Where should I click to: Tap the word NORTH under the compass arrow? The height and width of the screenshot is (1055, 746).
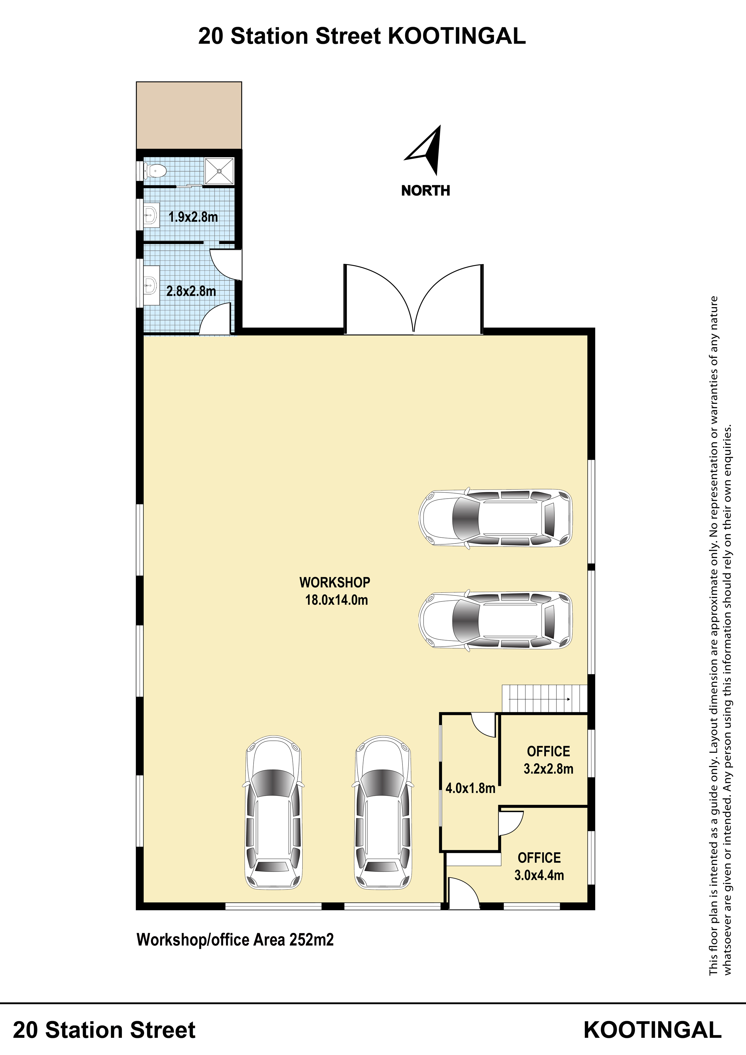(426, 191)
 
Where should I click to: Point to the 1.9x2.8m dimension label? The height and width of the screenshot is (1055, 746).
(193, 217)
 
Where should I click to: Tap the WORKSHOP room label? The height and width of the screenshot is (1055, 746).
(334, 582)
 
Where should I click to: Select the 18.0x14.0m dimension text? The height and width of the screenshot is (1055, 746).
(337, 600)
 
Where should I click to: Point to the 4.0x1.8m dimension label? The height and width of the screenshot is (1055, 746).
(470, 789)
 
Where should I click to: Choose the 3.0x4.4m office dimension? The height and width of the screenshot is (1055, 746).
(539, 875)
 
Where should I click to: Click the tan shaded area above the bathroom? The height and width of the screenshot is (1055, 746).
(189, 115)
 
